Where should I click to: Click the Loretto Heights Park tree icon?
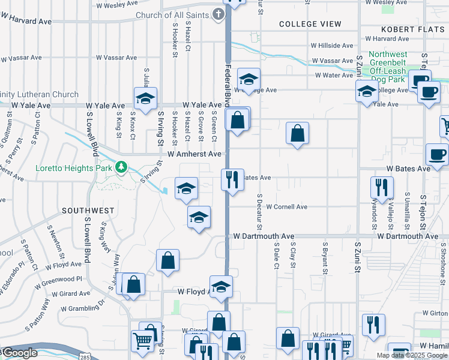tap(122, 167)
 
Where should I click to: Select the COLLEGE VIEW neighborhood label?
tap(310, 25)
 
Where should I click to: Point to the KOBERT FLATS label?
tap(412, 29)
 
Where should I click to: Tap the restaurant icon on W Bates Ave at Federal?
tap(232, 179)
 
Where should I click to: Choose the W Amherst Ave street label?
tap(194, 154)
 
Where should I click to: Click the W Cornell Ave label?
tap(286, 207)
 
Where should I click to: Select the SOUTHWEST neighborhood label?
tap(88, 211)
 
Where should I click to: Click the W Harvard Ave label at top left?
tap(25, 22)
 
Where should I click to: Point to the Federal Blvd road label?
tap(229, 84)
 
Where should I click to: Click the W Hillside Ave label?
tap(331, 46)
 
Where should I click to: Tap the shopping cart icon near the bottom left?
tap(142, 341)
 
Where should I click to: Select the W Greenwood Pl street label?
tap(62, 280)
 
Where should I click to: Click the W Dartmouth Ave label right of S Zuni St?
tap(408, 236)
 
